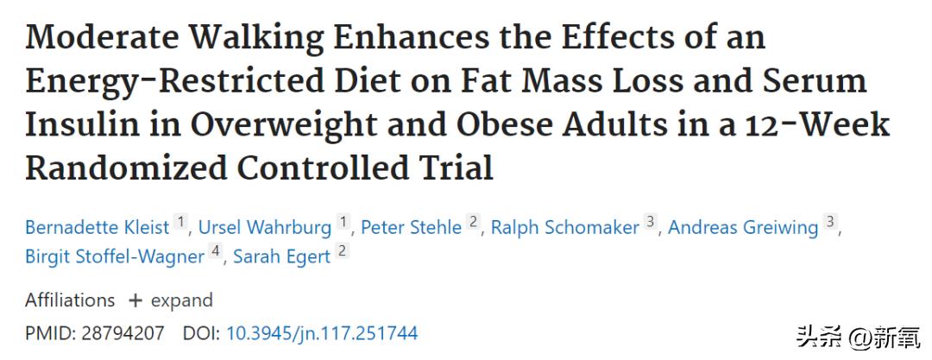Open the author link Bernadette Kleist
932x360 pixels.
pyautogui.click(x=97, y=227)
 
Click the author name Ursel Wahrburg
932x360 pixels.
pyautogui.click(x=265, y=227)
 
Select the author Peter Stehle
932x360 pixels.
pyautogui.click(x=411, y=227)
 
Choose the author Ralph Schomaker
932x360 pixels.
pyautogui.click(x=565, y=227)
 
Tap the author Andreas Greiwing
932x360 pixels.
pyautogui.click(x=743, y=227)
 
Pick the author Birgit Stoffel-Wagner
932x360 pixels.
pyautogui.click(x=115, y=256)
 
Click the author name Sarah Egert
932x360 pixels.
pyautogui.click(x=281, y=256)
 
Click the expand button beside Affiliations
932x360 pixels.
pyautogui.click(x=171, y=300)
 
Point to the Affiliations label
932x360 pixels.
pyautogui.click(x=70, y=300)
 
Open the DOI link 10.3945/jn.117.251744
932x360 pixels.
pyautogui.click(x=321, y=332)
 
